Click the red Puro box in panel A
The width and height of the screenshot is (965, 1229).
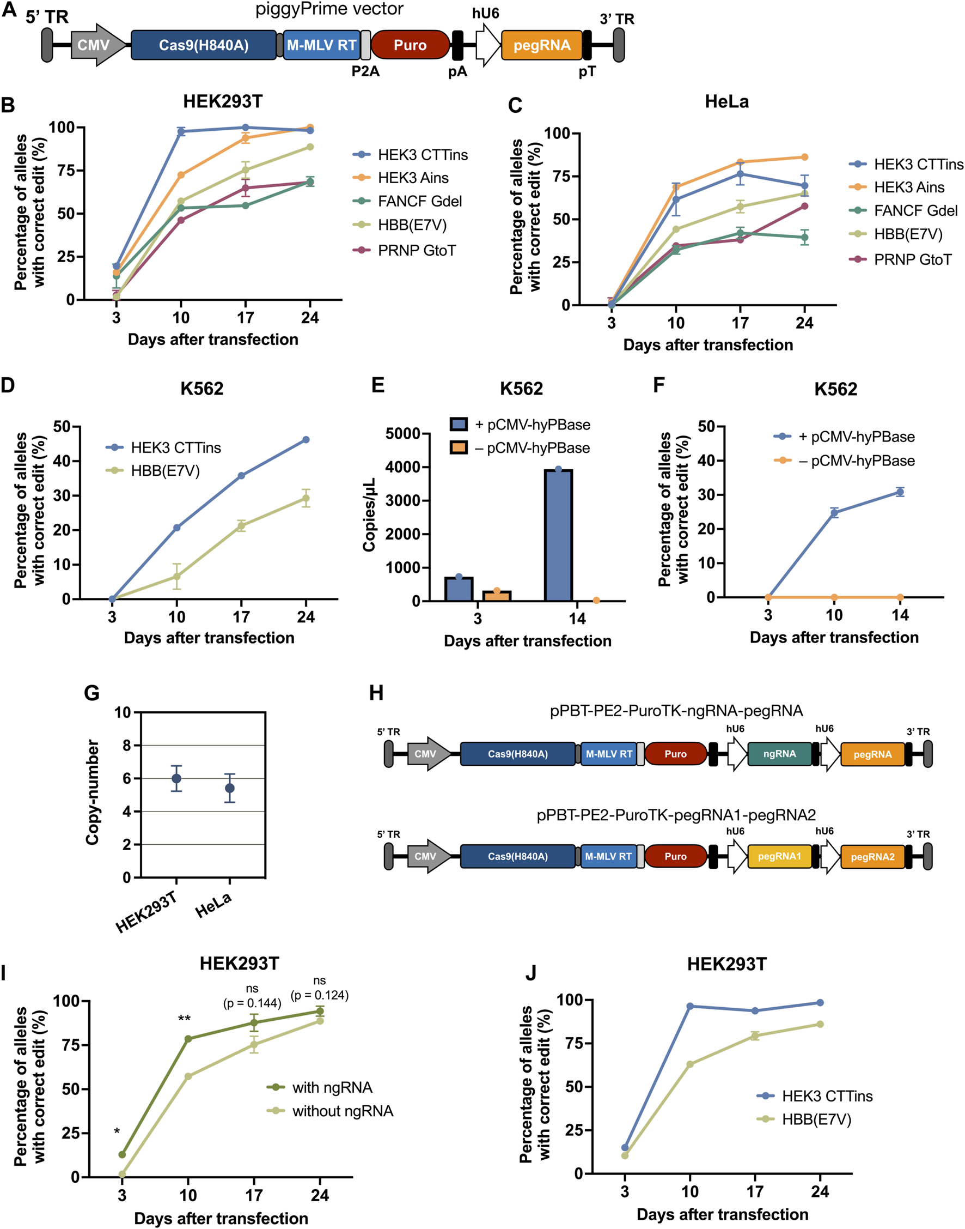[410, 45]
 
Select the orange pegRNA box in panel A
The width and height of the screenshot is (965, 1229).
[541, 45]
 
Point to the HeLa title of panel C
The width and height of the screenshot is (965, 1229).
[726, 102]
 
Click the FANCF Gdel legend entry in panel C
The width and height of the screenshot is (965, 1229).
[915, 211]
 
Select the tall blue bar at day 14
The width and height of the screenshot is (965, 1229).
[558, 534]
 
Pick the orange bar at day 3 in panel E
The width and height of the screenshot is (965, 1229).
[497, 595]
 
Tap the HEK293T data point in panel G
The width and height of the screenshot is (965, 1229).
[176, 778]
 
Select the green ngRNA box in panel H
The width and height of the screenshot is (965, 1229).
[779, 754]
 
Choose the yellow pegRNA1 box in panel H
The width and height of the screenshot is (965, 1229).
[779, 856]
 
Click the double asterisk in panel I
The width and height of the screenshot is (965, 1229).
[184, 1019]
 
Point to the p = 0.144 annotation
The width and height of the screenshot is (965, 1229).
[252, 1003]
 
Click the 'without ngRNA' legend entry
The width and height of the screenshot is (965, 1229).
[343, 1111]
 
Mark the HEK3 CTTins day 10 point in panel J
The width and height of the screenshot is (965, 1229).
[690, 1006]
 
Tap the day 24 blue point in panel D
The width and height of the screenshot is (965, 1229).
[306, 440]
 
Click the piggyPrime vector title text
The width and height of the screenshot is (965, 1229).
[329, 9]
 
